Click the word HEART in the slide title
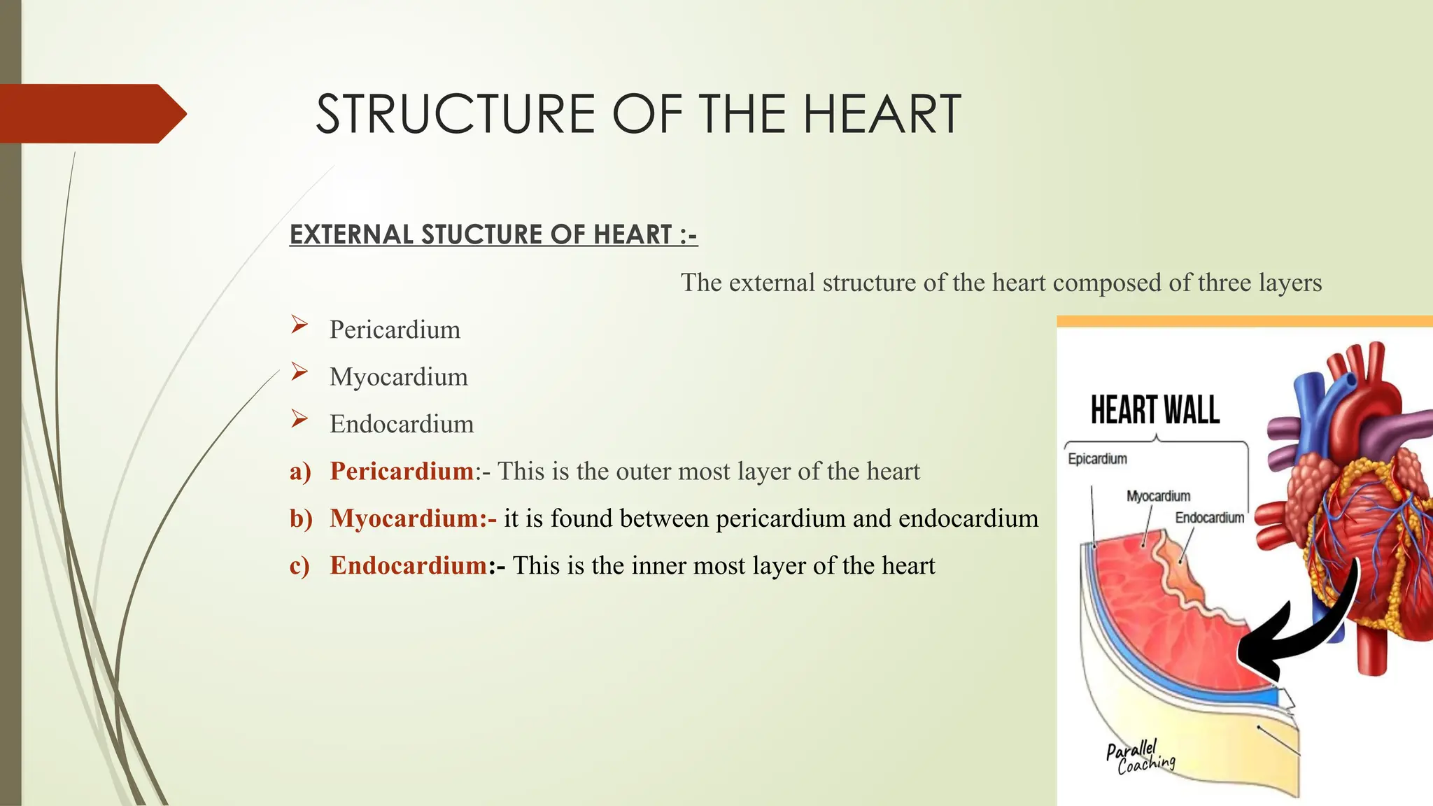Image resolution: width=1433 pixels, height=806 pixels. tap(882, 114)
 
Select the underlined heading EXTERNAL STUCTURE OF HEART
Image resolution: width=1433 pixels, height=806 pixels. tap(493, 234)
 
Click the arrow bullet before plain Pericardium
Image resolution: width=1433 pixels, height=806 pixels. tap(299, 325)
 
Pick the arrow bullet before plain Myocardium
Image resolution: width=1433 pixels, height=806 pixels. tap(299, 372)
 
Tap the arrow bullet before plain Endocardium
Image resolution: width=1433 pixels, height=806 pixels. tap(299, 419)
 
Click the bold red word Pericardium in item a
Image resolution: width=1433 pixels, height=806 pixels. tap(402, 471)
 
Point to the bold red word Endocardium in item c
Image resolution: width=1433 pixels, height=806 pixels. tap(409, 565)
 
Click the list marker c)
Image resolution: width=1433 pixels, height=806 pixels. tap(299, 565)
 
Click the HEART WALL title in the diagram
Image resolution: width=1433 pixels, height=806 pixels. tap(1155, 410)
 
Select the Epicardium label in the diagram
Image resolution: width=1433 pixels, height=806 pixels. tap(1097, 459)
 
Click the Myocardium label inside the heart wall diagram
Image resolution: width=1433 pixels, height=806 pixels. tap(1158, 496)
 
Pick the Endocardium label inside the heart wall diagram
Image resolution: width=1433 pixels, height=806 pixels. tap(1209, 518)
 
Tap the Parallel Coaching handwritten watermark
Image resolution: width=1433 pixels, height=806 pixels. tap(1139, 757)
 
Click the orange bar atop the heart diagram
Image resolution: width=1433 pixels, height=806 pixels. tap(1244, 321)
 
